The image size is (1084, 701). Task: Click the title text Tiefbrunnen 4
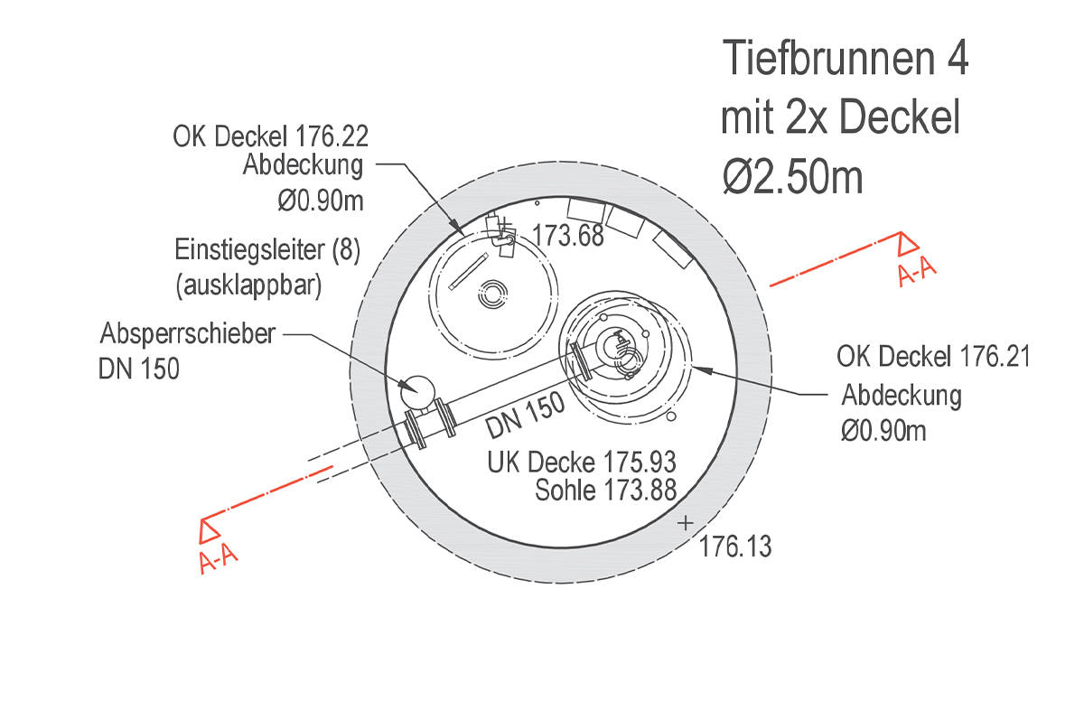(846, 61)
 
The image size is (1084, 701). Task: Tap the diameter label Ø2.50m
(792, 178)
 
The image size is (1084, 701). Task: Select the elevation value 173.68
(567, 235)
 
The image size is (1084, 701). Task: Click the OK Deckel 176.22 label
(271, 136)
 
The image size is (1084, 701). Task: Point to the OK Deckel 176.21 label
(933, 357)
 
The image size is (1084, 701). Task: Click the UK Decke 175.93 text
(581, 463)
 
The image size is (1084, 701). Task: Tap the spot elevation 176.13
(735, 547)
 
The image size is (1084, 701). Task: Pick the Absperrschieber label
(188, 335)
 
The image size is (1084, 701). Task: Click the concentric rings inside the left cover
(493, 294)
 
